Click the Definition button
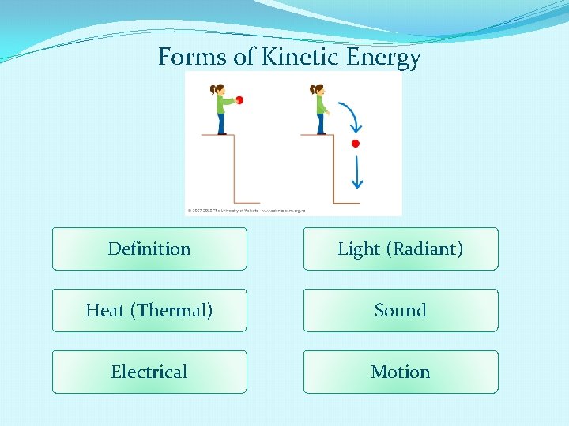click(x=149, y=249)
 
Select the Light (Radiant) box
click(x=401, y=249)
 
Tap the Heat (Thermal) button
click(x=149, y=311)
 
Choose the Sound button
click(x=401, y=311)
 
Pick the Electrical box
click(x=149, y=372)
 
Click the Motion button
click(x=401, y=372)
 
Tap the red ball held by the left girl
click(x=239, y=100)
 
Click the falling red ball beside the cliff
click(x=355, y=144)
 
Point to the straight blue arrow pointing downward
click(x=357, y=173)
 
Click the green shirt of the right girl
click(x=320, y=104)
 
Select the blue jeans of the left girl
click(x=220, y=123)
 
